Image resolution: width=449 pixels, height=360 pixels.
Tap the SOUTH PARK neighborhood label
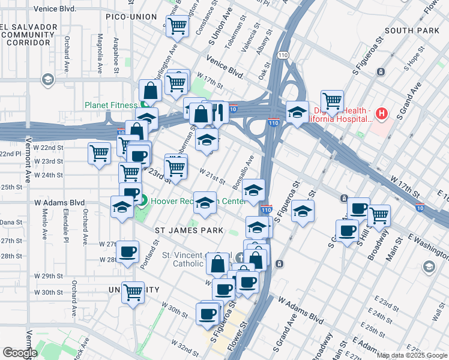[x=412, y=30]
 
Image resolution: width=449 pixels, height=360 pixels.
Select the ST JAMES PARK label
[x=189, y=230]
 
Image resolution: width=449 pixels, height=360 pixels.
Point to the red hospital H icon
[x=381, y=113]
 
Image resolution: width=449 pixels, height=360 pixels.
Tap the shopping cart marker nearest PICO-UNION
[x=178, y=26]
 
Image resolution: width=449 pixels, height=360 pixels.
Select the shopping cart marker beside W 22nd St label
[x=99, y=153]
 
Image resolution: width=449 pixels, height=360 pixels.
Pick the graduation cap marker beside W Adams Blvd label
[x=122, y=208]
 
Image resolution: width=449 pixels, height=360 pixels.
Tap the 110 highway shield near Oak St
[x=282, y=55]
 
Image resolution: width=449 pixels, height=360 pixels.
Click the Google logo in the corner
[x=20, y=352]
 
